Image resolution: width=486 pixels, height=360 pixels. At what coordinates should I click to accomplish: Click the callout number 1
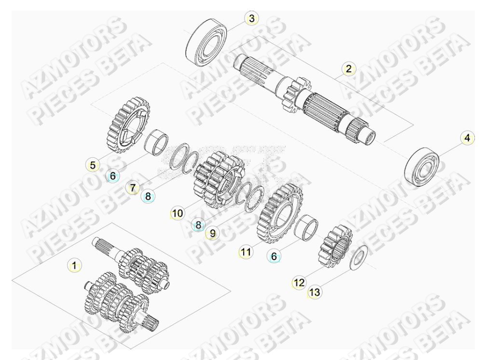point(74,265)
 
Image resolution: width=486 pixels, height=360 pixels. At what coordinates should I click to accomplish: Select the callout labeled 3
point(251,19)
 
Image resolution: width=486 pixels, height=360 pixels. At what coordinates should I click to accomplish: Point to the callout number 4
point(466,138)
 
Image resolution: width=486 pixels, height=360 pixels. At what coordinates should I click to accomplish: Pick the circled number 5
point(93,165)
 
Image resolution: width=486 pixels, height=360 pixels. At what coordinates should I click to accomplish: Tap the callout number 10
point(177,212)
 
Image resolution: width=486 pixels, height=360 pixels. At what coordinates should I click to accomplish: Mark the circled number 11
point(246,251)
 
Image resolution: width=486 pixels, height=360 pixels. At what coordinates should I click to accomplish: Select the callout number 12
point(299,283)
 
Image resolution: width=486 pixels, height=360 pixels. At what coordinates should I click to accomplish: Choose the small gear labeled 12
point(336,247)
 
